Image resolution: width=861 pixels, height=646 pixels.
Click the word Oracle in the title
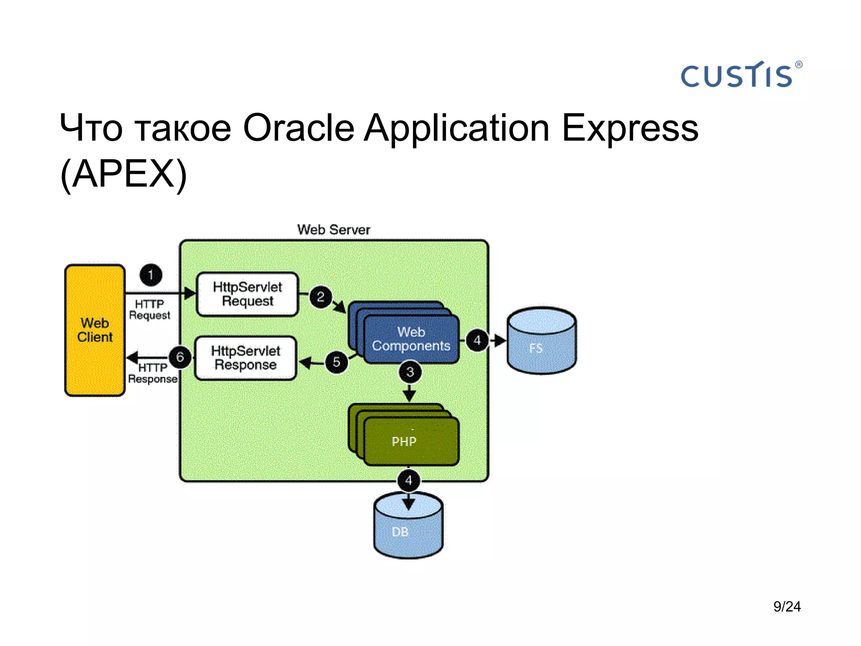(298, 128)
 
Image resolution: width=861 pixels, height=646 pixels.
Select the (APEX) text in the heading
(123, 174)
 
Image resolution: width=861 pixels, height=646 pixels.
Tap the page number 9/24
(787, 606)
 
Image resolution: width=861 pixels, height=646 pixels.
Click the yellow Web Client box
(95, 330)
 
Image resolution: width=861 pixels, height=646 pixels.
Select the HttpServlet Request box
(247, 294)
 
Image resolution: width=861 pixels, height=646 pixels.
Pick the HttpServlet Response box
(246, 358)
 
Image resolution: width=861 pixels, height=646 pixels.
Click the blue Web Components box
(411, 339)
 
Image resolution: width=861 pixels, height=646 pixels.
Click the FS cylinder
(541, 342)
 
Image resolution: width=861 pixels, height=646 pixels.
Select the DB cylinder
(408, 527)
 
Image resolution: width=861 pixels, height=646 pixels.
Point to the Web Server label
(333, 230)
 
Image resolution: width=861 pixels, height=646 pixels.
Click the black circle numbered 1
(151, 275)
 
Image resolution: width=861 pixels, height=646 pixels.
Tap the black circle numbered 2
(321, 297)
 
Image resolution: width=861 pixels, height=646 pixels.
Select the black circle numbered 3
(410, 372)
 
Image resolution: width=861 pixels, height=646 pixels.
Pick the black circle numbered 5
(336, 362)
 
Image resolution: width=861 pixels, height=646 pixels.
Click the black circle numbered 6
(180, 357)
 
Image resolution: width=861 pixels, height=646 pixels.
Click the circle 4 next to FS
(477, 340)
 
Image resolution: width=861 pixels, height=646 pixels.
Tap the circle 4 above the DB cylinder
(408, 480)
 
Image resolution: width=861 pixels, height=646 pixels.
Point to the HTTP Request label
(149, 310)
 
